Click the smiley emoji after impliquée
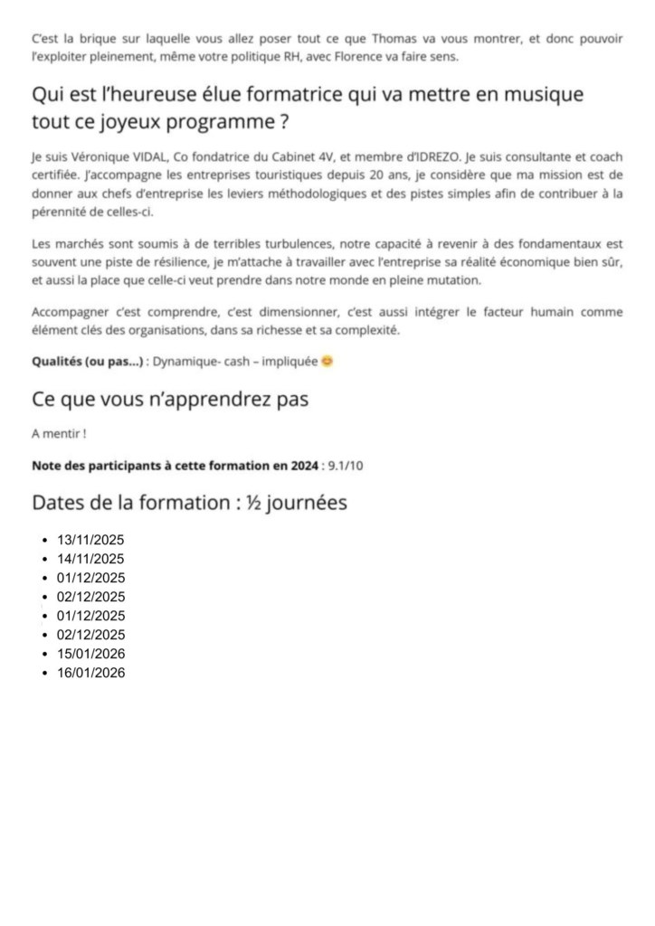[x=327, y=362]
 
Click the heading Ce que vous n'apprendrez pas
[x=170, y=399]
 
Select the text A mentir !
[x=59, y=434]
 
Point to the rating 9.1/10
[x=346, y=466]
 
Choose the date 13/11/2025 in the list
[x=90, y=540]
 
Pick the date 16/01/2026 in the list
[x=90, y=673]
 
